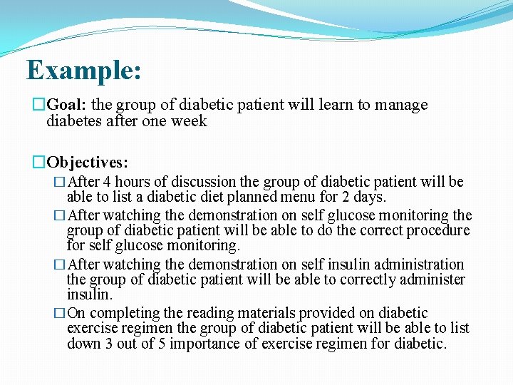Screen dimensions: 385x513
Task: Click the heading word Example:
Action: [x=83, y=71]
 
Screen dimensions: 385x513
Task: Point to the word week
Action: [x=190, y=121]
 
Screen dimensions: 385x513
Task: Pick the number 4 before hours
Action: [x=107, y=182]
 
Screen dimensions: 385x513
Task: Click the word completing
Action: [x=124, y=313]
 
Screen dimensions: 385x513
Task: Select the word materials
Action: [x=271, y=313]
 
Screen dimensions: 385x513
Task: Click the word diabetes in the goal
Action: [x=76, y=121]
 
